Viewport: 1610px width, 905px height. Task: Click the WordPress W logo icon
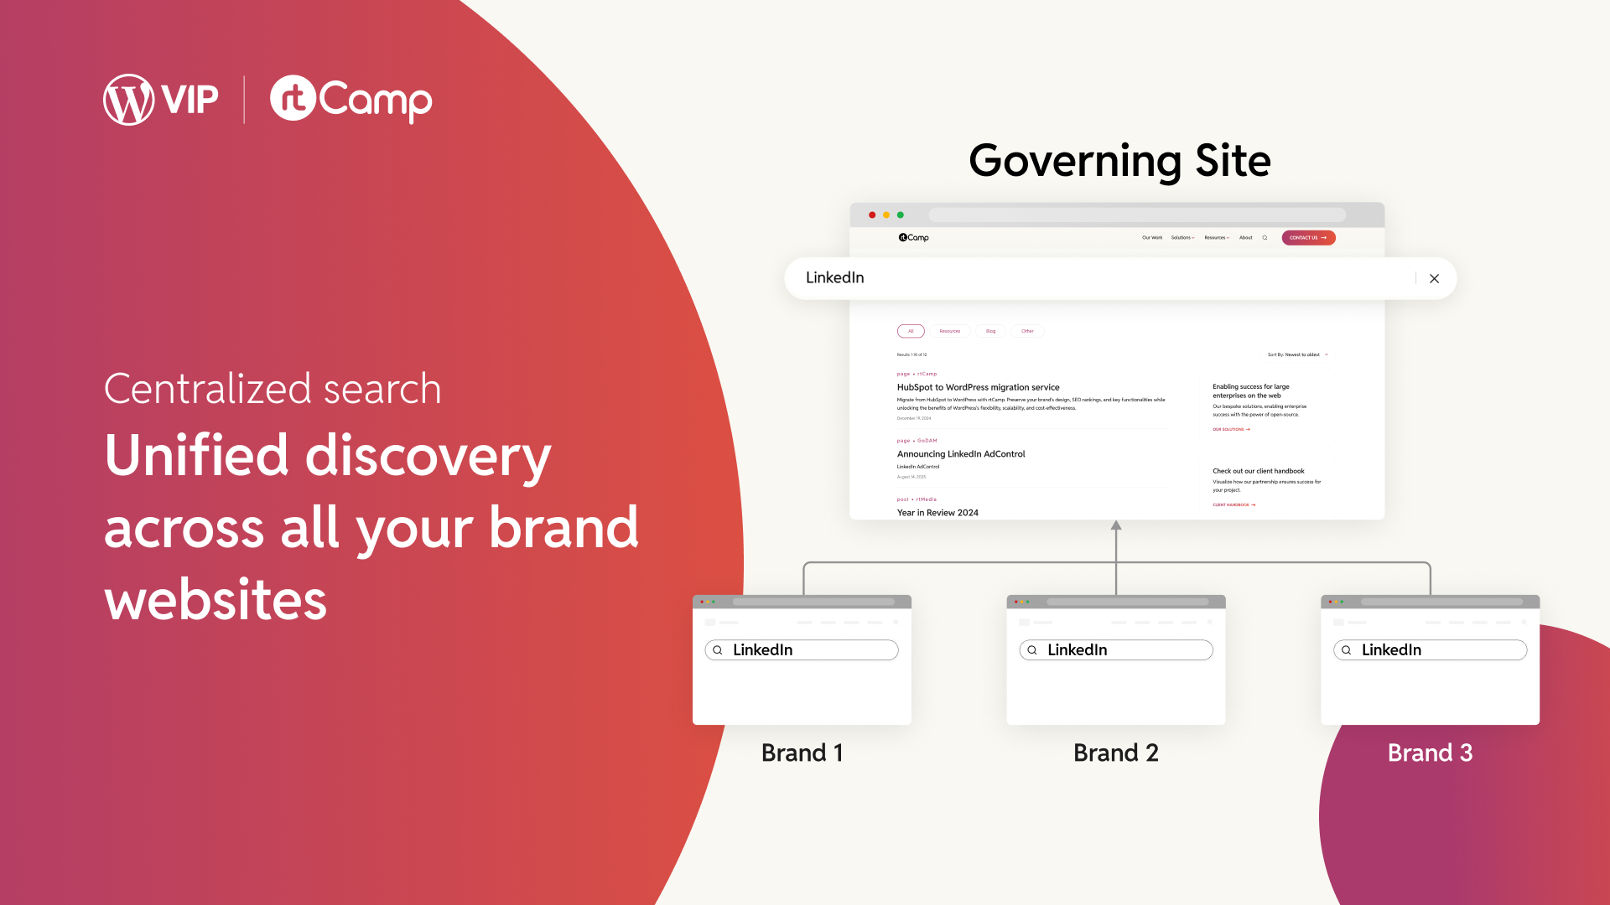(128, 100)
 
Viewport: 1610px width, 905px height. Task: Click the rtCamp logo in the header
(351, 100)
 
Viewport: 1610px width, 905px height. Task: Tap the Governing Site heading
(1119, 160)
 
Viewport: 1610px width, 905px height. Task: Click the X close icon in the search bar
(1434, 279)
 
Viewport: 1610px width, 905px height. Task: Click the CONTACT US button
(1308, 238)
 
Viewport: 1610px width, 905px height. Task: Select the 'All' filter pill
(911, 331)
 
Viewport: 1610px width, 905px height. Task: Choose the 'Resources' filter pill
(949, 331)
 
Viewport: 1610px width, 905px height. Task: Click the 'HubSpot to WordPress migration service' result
(978, 387)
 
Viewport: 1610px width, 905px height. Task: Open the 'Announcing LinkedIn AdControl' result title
(961, 454)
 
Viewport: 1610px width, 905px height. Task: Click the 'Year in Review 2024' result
(937, 513)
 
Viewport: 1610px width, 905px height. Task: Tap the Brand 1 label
(802, 752)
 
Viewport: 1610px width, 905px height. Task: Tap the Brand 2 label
(1116, 752)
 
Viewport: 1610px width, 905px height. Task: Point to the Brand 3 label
(1430, 752)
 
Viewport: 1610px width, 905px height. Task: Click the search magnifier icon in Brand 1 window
(718, 650)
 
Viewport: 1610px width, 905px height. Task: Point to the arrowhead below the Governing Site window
(1116, 525)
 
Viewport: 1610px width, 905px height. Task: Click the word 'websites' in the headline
(216, 600)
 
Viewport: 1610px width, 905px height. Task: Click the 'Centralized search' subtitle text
(273, 389)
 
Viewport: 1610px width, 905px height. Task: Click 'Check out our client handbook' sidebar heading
(1258, 471)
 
